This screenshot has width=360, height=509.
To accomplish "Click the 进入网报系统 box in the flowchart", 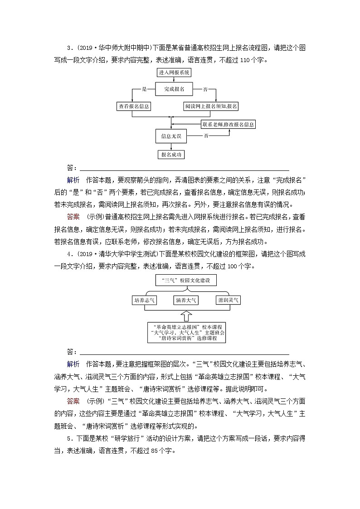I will pos(174,73).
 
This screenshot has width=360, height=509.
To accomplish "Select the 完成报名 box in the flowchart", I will pos(174,89).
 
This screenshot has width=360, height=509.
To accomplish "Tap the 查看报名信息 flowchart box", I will pos(134,107).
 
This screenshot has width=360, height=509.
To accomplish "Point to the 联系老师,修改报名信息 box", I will pos(228,124).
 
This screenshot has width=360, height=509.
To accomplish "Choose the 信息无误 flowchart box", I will pos(171,136).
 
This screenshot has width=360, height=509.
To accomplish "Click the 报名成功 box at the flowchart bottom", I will pos(171,155).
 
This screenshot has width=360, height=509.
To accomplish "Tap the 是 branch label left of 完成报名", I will pos(145,89).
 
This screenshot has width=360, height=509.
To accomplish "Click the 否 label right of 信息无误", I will pos(206,136).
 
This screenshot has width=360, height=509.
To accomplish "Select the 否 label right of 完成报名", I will pos(205,89).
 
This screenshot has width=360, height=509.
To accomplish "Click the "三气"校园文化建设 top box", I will pos(186,281).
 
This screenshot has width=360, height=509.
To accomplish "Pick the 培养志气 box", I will pos(144,300).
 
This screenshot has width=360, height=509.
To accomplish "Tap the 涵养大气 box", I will pos(186,300).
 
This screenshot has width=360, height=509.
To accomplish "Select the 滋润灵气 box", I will pos(228,300).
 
